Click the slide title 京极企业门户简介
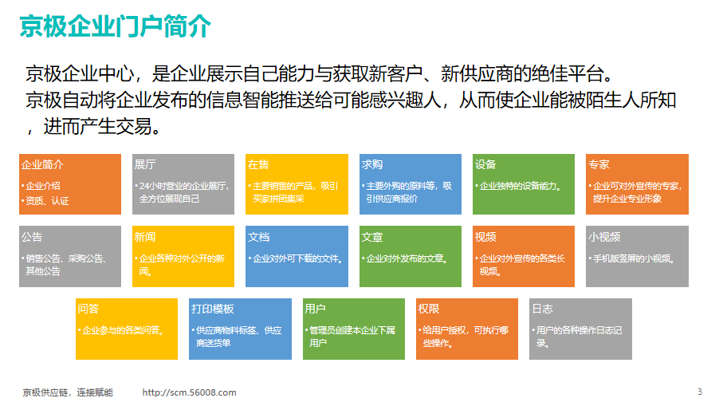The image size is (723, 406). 116,26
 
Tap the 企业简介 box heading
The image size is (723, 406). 42,164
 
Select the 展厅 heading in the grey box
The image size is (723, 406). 145,164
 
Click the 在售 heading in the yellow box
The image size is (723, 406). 258,164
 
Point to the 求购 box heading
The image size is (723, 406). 372,164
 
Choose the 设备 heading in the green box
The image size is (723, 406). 485,164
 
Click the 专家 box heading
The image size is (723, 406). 599,164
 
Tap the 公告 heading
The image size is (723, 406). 32,237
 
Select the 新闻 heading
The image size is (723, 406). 145,237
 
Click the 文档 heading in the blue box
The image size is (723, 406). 258,237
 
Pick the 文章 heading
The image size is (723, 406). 372,237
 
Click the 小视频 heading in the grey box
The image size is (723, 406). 604,237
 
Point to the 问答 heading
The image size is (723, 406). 88,309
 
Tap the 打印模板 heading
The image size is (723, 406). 213,309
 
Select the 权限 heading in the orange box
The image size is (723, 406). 428,309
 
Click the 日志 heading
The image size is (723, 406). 542,309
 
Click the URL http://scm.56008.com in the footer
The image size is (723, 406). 189,392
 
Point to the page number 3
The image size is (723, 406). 700,392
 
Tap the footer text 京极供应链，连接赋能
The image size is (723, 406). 68,392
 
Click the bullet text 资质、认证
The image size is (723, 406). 47,201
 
